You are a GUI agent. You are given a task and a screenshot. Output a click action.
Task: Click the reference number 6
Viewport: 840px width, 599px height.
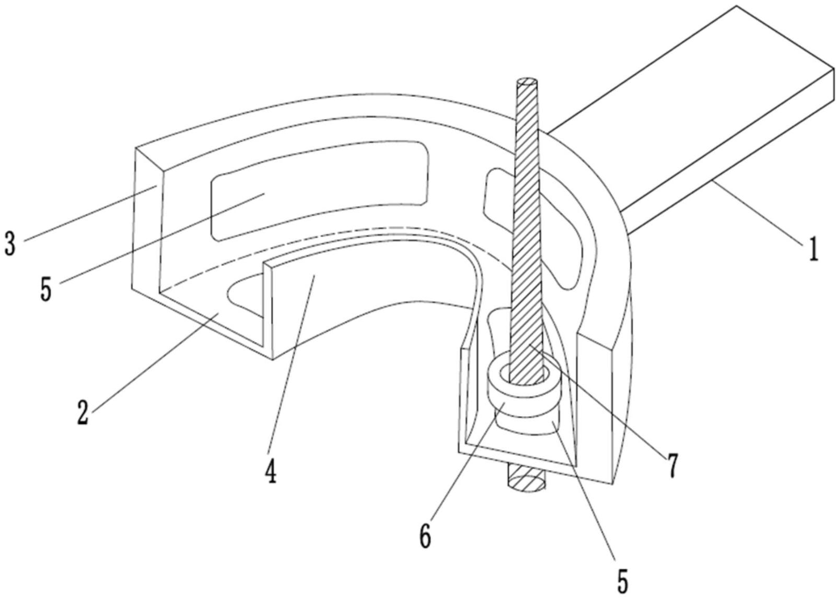(x=425, y=536)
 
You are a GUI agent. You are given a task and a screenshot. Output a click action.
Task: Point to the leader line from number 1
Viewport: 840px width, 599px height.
(x=757, y=213)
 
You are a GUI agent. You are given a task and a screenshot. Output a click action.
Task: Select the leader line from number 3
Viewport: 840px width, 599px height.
(x=90, y=214)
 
